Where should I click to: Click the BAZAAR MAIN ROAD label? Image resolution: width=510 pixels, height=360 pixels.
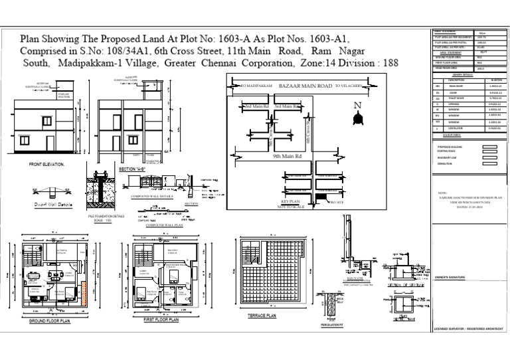pyautogui.click(x=305, y=86)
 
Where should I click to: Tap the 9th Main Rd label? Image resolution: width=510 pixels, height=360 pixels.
pyautogui.click(x=288, y=157)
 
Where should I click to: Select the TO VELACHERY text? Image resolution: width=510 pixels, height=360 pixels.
pyautogui.click(x=348, y=86)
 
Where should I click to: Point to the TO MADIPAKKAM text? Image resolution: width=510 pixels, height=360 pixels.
pyautogui.click(x=256, y=86)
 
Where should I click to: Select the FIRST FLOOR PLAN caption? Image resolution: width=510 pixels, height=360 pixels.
pyautogui.click(x=161, y=320)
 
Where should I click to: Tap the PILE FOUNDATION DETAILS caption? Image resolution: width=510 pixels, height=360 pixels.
pyautogui.click(x=106, y=217)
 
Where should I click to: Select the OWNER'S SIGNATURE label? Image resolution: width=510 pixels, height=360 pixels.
pyautogui.click(x=450, y=278)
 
